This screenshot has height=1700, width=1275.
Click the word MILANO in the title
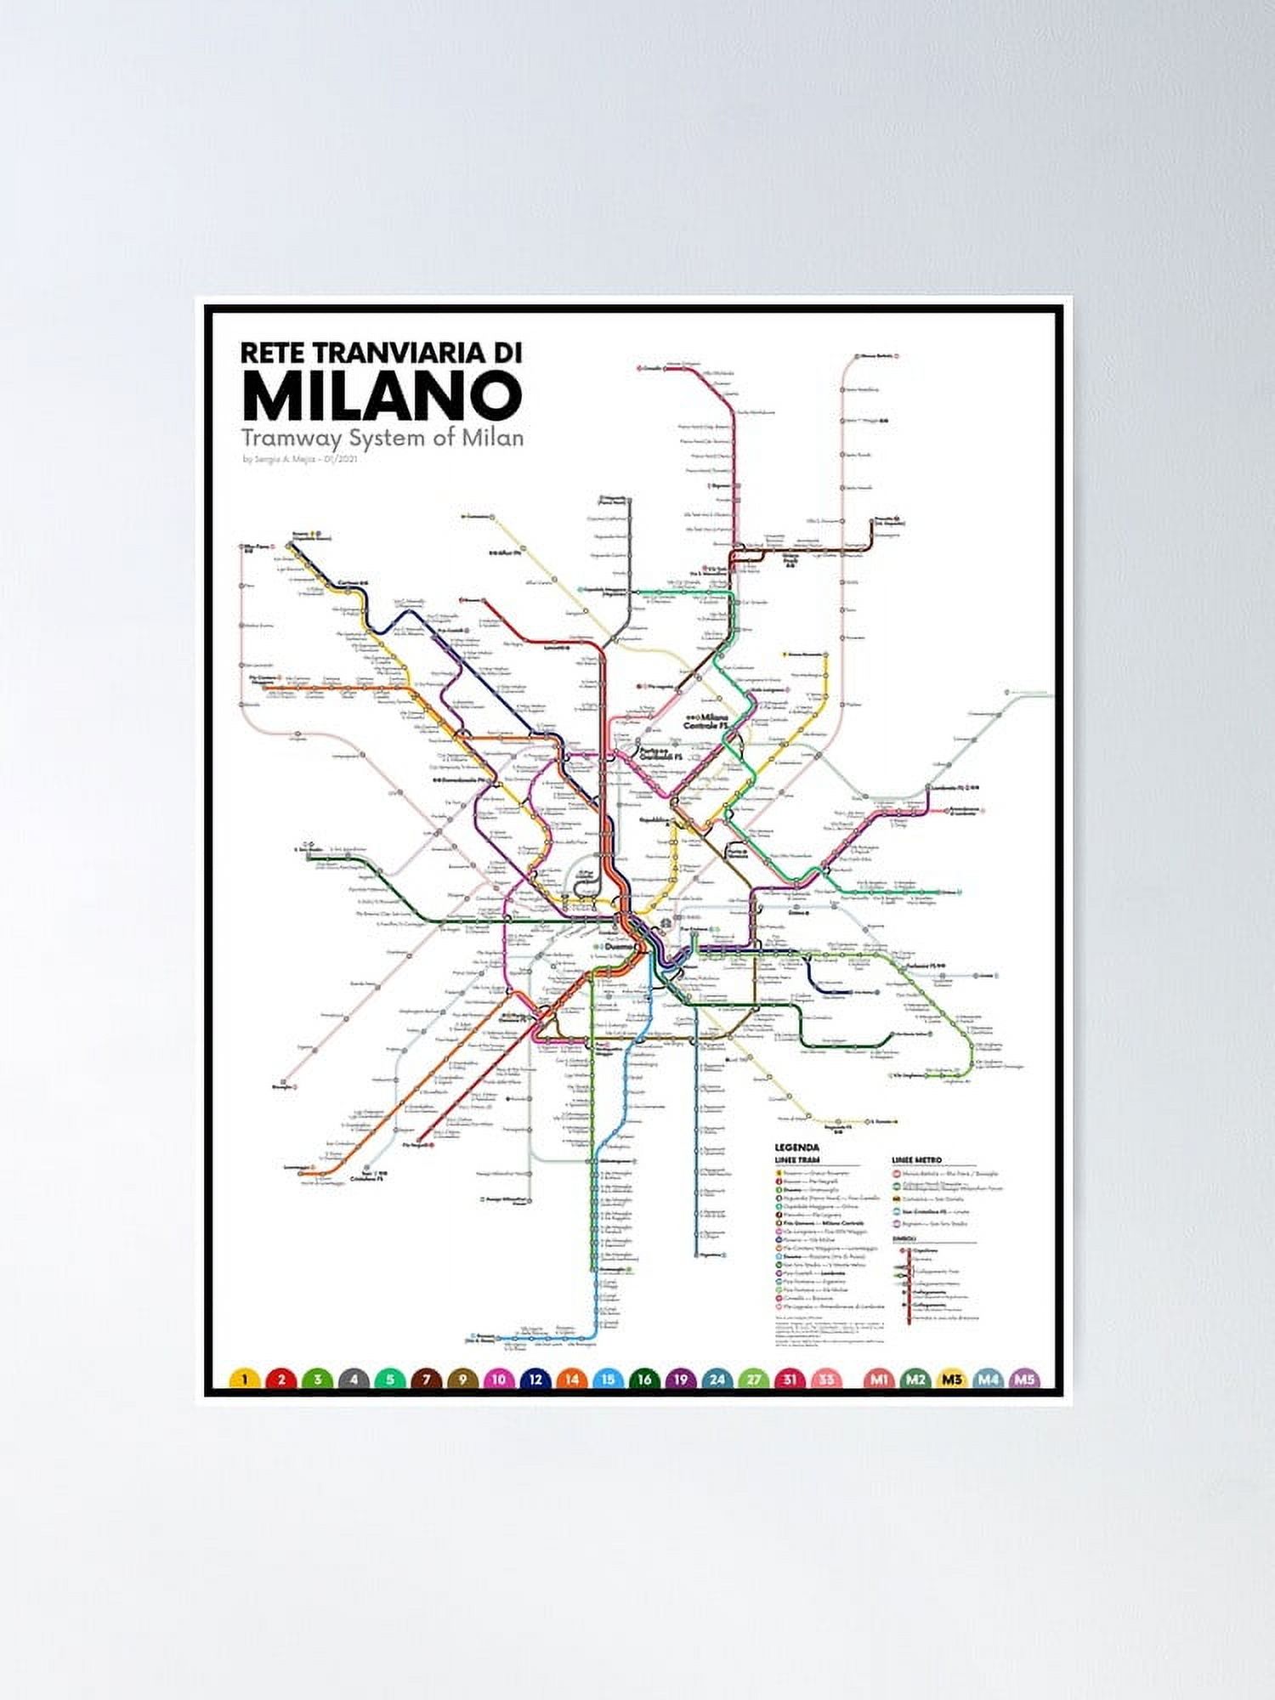[x=382, y=396]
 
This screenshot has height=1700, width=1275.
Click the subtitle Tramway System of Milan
[x=382, y=439]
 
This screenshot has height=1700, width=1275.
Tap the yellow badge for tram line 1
[x=245, y=1380]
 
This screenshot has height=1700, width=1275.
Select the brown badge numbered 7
[x=427, y=1380]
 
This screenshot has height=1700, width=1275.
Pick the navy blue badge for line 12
[x=535, y=1380]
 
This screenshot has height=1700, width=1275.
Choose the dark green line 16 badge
[x=644, y=1380]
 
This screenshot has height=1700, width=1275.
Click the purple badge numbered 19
[x=680, y=1380]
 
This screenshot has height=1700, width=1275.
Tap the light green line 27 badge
[x=754, y=1380]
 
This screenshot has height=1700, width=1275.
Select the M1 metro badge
[x=879, y=1380]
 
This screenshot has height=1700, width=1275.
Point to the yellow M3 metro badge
[x=952, y=1380]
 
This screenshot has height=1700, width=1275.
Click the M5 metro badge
[x=1024, y=1380]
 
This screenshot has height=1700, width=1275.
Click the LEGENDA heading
[x=796, y=1147]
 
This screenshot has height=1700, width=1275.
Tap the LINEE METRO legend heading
[x=916, y=1160]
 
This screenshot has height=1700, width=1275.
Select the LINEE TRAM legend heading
[x=797, y=1160]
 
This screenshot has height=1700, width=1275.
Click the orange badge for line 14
[x=572, y=1380]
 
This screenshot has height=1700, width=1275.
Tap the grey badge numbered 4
[x=354, y=1380]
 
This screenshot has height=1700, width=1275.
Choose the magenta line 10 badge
[x=499, y=1380]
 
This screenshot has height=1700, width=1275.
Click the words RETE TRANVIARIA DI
[x=381, y=352]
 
